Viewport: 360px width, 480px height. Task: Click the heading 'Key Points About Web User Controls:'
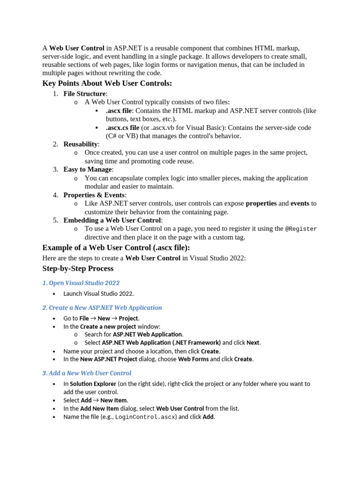click(107, 83)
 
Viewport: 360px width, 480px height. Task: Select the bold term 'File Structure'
click(84, 94)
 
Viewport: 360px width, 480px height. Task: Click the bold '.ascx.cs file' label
click(122, 127)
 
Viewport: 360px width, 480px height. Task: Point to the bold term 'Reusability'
click(81, 144)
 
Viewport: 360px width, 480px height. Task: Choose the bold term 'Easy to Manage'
click(88, 170)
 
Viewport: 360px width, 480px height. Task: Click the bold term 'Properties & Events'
click(94, 195)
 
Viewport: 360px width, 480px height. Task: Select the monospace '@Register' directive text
click(301, 229)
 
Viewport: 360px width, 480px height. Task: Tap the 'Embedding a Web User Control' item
click(112, 220)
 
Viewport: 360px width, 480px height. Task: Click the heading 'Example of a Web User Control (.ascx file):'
click(116, 247)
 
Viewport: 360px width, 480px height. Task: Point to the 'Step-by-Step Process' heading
click(78, 269)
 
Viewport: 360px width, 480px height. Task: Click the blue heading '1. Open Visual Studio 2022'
click(81, 283)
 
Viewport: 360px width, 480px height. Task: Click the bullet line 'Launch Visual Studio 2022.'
click(98, 294)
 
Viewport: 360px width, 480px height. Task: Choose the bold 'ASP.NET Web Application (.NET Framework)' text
click(161, 343)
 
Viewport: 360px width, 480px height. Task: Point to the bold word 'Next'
click(253, 343)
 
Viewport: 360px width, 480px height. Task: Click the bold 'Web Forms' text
click(193, 359)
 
